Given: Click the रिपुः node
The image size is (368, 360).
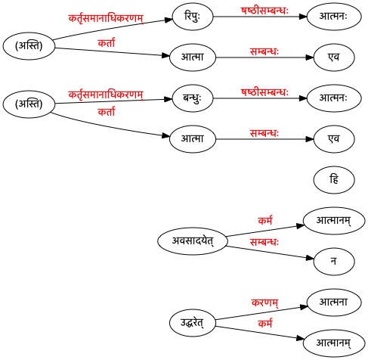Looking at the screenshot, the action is click(193, 17).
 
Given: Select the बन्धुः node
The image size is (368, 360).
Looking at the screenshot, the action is click(193, 98).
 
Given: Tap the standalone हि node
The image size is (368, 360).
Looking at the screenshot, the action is click(334, 180).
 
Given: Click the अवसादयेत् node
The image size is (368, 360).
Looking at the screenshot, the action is click(193, 241).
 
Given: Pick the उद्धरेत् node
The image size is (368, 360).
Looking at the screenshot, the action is click(193, 323).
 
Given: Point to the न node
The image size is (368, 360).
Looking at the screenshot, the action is click(334, 262).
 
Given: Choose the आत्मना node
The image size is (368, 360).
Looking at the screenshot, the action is click(334, 303).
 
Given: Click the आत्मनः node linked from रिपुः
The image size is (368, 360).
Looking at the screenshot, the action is click(334, 17).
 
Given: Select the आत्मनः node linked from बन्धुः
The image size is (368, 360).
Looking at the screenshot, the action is click(334, 98).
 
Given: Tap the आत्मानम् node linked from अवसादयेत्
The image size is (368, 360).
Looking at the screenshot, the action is click(334, 221).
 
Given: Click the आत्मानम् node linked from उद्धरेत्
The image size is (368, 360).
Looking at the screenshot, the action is click(334, 343).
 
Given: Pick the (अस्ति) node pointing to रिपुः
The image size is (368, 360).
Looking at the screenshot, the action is click(29, 46).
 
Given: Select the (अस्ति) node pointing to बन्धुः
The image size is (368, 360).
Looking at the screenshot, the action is click(29, 104).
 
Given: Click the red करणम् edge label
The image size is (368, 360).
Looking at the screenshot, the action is click(264, 303).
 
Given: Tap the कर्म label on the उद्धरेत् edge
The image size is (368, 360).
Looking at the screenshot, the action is click(265, 323).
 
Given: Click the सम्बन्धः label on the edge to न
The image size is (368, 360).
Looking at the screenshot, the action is click(264, 242).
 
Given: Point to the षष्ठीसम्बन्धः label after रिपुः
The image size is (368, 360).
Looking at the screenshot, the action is click(264, 11).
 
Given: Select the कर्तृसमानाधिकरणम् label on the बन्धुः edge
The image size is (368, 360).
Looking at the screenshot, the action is click(106, 95).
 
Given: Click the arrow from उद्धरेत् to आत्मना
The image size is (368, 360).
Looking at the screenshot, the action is click(261, 313).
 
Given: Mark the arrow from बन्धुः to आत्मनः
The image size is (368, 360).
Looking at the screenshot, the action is click(260, 98).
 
